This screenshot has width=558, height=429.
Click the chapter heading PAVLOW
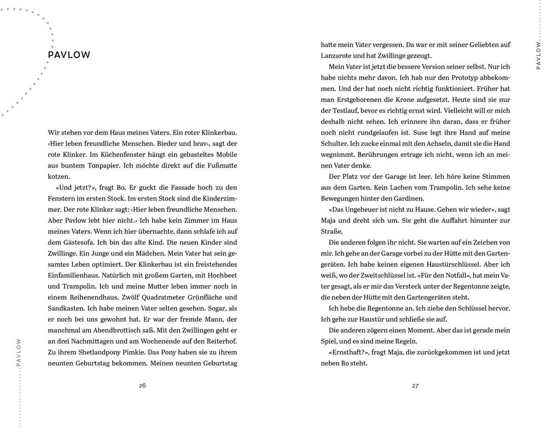[69, 55]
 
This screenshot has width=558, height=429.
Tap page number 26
[142, 386]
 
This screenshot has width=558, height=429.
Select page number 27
[415, 386]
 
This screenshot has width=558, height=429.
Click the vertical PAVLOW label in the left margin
[19, 352]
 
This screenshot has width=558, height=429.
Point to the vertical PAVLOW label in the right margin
[538, 55]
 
